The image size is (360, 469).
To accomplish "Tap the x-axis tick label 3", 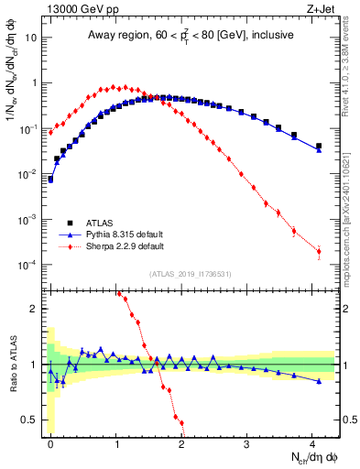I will tap(246, 442).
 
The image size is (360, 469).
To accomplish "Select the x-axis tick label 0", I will tap(50, 442).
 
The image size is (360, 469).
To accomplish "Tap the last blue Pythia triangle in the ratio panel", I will tap(319, 381).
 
